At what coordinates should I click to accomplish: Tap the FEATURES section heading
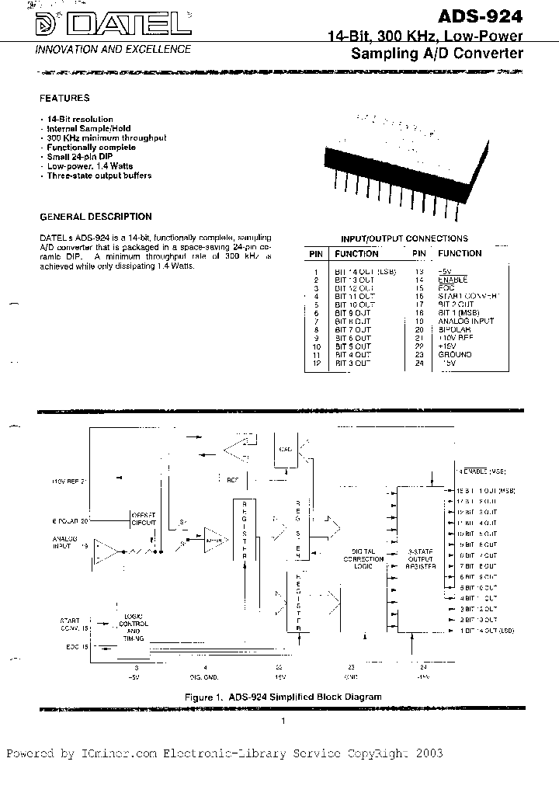(x=64, y=99)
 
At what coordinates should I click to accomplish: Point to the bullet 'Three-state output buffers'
(x=99, y=176)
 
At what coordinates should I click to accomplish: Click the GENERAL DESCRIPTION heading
(x=95, y=217)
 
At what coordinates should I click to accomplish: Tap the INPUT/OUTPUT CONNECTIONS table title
(x=404, y=238)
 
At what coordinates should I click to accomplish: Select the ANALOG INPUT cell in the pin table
(x=465, y=321)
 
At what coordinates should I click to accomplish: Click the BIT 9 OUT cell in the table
(x=352, y=312)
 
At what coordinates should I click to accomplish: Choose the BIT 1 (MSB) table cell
(x=460, y=312)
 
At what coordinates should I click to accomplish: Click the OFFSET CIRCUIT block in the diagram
(x=144, y=520)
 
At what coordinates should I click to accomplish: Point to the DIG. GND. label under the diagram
(x=204, y=676)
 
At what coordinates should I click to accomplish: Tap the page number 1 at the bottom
(x=284, y=722)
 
